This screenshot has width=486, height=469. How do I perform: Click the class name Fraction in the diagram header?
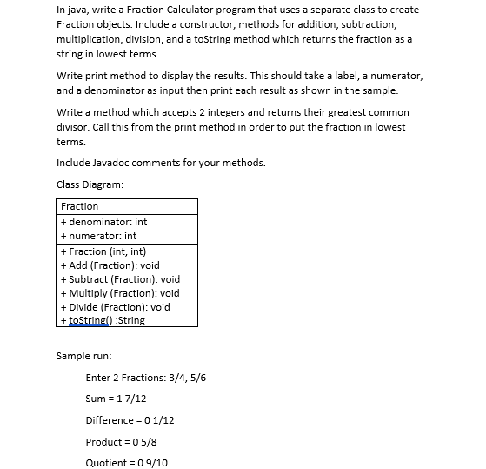click(79, 206)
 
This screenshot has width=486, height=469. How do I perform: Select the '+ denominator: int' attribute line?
click(103, 222)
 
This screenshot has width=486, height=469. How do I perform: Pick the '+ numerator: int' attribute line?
click(98, 236)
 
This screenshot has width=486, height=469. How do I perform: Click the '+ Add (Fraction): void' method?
click(110, 265)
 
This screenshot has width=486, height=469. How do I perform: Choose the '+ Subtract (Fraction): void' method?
click(120, 279)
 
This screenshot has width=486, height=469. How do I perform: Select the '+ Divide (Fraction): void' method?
click(115, 307)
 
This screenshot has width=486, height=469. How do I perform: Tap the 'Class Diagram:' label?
click(90, 184)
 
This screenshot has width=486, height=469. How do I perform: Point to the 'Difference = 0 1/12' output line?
click(130, 420)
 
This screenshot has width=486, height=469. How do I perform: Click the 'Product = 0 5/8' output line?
click(121, 442)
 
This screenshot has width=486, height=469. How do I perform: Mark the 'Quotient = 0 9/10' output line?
click(126, 463)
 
